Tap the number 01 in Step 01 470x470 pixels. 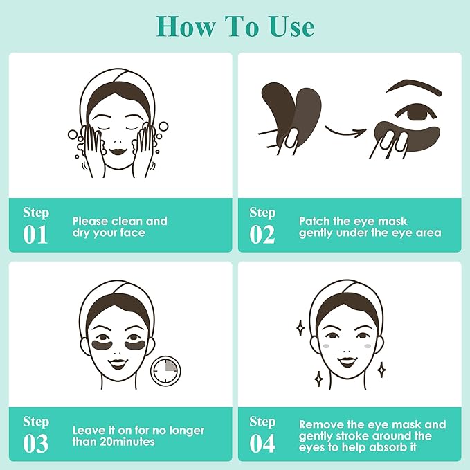coord(36,234)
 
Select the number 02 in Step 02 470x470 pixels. coord(262,234)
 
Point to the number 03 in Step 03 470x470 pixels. coord(36,443)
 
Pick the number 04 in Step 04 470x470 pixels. coord(262,443)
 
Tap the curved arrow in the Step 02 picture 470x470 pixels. coord(344,127)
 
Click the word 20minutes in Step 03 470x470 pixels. coord(126,442)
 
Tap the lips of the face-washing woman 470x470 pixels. coord(118,147)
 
